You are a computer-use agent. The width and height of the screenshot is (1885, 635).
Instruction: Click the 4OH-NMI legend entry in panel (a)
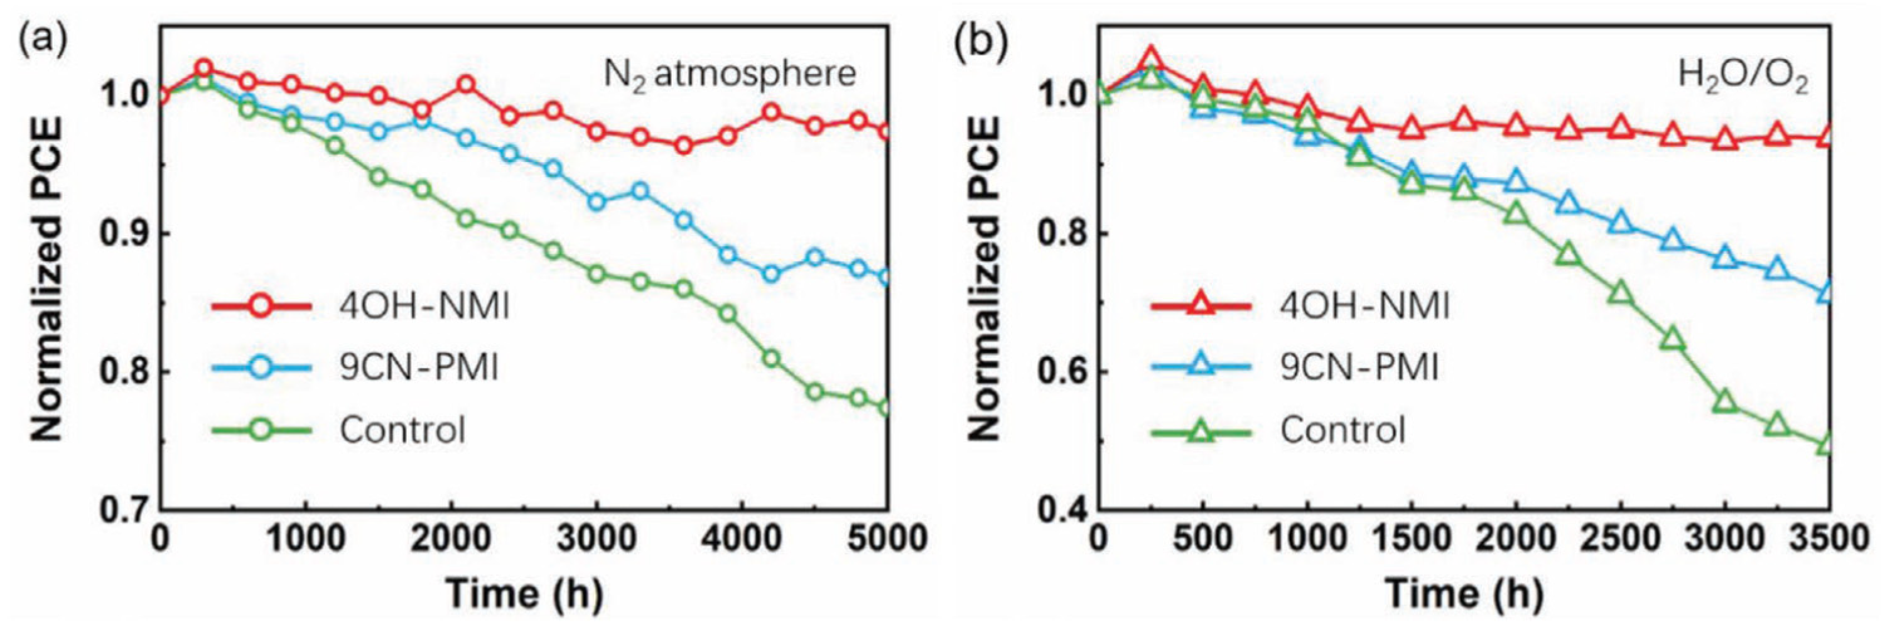pos(424,306)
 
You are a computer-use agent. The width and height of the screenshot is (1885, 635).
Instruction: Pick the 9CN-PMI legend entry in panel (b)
pos(1359,367)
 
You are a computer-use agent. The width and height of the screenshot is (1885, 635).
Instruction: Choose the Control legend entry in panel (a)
pos(402,430)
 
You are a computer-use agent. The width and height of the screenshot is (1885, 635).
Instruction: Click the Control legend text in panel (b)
pos(1342,430)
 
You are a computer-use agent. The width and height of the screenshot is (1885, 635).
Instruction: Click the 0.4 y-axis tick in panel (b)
pos(1062,509)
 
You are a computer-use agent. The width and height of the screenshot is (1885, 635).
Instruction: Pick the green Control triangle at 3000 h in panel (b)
pos(1725,403)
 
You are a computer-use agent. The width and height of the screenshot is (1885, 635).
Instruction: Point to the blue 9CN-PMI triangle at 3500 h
pos(1827,293)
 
